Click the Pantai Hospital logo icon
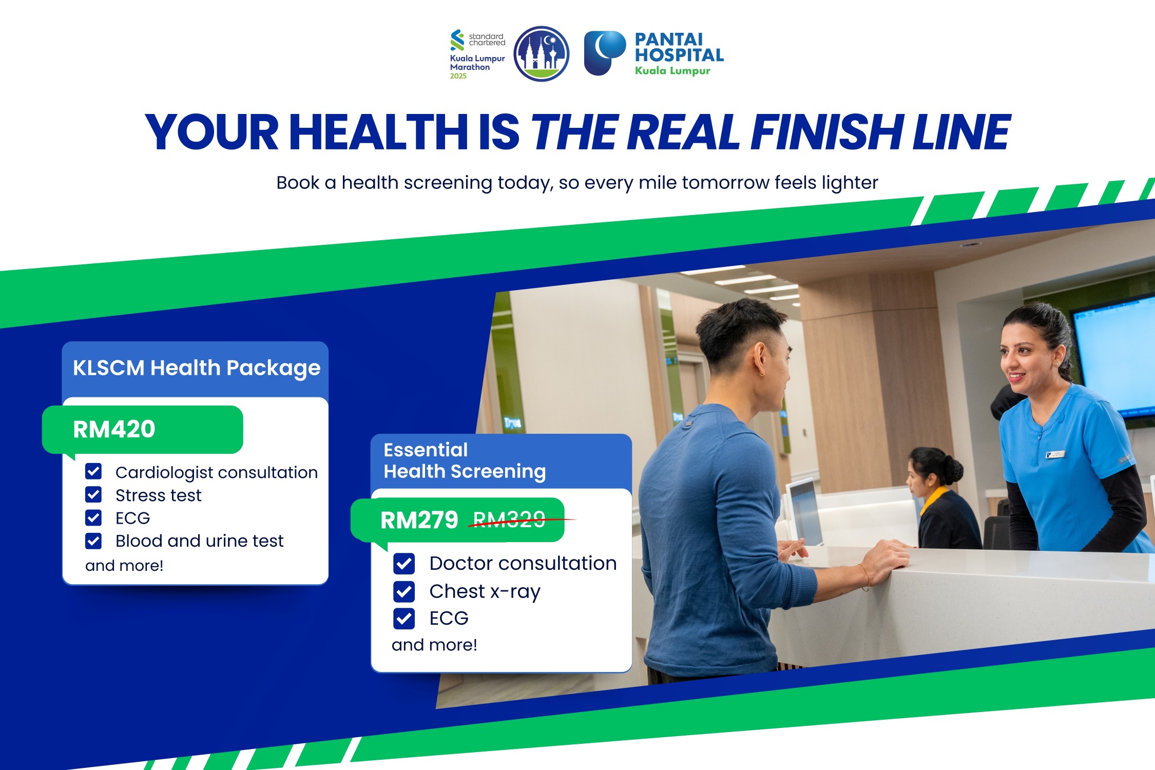604,53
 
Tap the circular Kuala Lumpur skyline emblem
542,53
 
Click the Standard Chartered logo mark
457,40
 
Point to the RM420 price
114,429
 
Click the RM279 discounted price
419,520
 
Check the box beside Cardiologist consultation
93,471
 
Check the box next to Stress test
93,495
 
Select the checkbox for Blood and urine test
93,541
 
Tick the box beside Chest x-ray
404,591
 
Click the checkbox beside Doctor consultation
404,564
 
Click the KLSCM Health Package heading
197,369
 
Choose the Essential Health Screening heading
465,460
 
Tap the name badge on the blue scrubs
1055,454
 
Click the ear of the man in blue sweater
760,358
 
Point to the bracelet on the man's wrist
865,577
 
